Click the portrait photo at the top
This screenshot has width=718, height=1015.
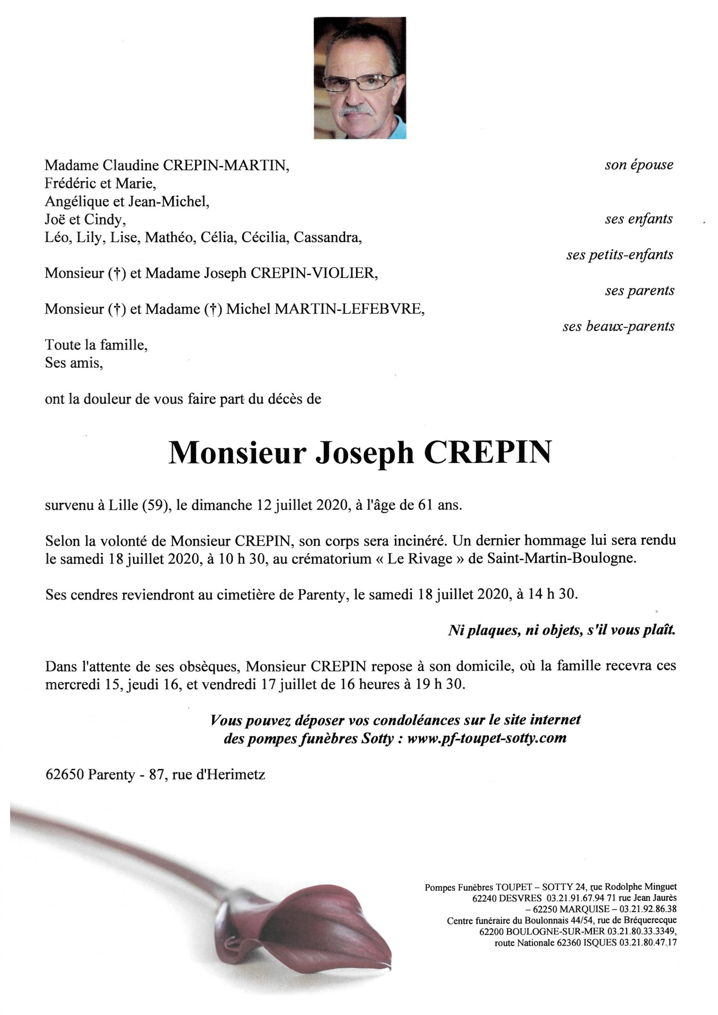[x=360, y=78]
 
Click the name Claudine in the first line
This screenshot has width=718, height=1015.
[x=131, y=165]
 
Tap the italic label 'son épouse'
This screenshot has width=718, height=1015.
[x=639, y=165]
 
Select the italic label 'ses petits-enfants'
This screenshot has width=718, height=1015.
[x=619, y=255]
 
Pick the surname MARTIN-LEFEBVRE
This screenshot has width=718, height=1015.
[x=349, y=309]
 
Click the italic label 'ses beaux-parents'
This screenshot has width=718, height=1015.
[x=618, y=327]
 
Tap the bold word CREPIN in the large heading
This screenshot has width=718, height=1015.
[x=488, y=452]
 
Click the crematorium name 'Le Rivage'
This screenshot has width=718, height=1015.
[x=420, y=559]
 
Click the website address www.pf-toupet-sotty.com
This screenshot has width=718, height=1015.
[x=487, y=739]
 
